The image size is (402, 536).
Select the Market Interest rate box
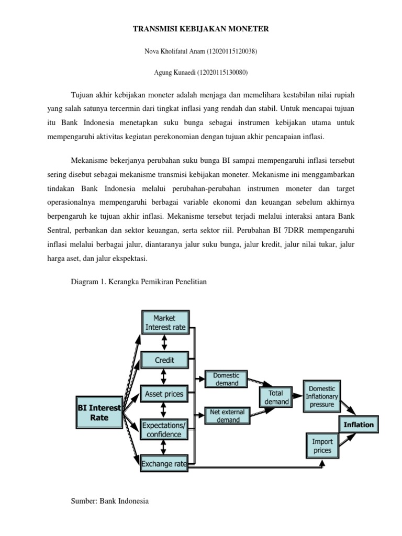pos(165,322)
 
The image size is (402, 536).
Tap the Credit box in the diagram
pos(165,360)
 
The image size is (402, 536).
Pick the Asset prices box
pos(165,394)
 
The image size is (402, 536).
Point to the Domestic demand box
pos(226,379)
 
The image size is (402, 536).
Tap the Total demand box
pos(276,397)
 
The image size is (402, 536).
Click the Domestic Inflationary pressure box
pos(321,396)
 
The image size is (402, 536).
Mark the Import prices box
pos(322,445)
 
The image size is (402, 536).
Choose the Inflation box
pos(359,425)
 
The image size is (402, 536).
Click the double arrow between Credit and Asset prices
pos(165,377)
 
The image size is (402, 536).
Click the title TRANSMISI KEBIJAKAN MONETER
pos(201,29)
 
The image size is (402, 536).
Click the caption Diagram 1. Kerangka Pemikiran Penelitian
pos(139,282)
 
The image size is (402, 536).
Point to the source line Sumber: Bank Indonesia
pos(109,501)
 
